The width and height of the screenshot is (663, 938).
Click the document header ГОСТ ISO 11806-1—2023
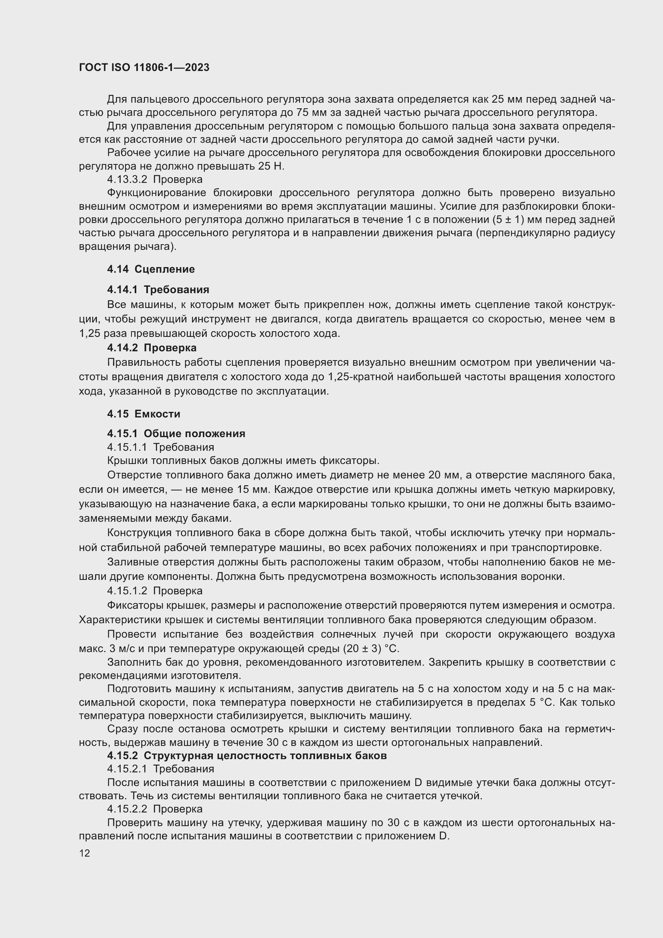144,68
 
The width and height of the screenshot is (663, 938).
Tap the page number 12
85,853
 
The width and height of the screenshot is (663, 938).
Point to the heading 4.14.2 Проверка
152,348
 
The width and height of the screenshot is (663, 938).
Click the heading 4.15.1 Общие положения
176,434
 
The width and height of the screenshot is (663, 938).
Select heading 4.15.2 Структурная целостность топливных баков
247,756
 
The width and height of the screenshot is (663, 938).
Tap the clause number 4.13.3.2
127,179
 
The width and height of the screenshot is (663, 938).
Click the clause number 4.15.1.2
127,591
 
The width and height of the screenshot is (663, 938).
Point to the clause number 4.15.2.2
127,809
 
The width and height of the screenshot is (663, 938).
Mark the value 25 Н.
271,166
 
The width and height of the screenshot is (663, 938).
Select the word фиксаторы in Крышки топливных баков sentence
349,461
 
